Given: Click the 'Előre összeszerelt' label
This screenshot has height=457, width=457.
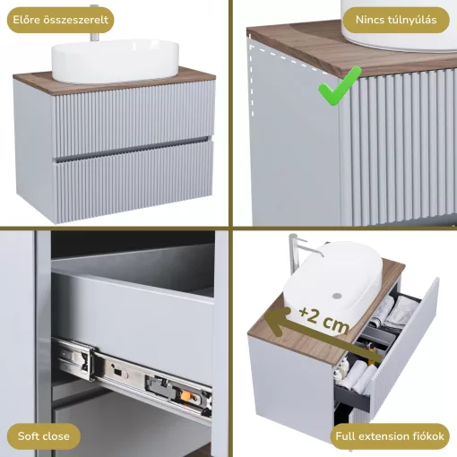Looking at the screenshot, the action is (x=60, y=20).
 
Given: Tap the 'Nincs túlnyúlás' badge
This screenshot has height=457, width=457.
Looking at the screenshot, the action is (x=396, y=20).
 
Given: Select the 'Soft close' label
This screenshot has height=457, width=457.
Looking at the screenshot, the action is (x=44, y=436).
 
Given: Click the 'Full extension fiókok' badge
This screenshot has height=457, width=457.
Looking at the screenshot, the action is (x=390, y=436).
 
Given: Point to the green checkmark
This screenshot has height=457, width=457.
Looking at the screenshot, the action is (x=339, y=87).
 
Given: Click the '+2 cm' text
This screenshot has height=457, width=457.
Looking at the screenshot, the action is (x=324, y=320).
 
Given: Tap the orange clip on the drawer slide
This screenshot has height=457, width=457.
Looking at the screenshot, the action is (x=185, y=396).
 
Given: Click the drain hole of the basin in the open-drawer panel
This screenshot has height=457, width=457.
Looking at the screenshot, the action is (x=337, y=296).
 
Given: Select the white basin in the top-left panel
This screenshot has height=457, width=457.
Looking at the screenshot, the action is (x=116, y=61).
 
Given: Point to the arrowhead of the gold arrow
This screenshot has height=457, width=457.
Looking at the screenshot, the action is (x=276, y=321).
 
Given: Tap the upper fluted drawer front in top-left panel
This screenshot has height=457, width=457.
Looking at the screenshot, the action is (x=133, y=118).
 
